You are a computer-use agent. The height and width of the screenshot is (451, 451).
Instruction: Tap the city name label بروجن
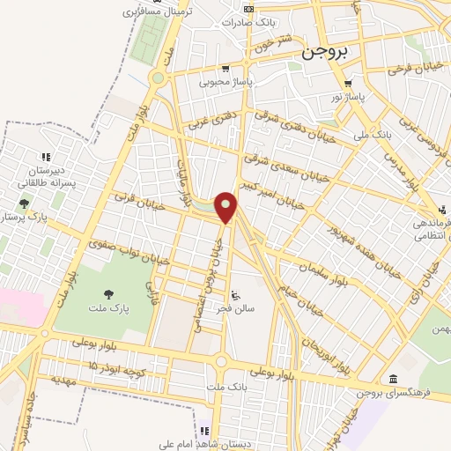326,52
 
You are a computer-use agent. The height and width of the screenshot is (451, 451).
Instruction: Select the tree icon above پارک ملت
108,295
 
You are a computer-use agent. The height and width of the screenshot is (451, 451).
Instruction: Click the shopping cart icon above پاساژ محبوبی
225,69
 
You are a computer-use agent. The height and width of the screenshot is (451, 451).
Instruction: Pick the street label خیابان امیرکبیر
285,194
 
